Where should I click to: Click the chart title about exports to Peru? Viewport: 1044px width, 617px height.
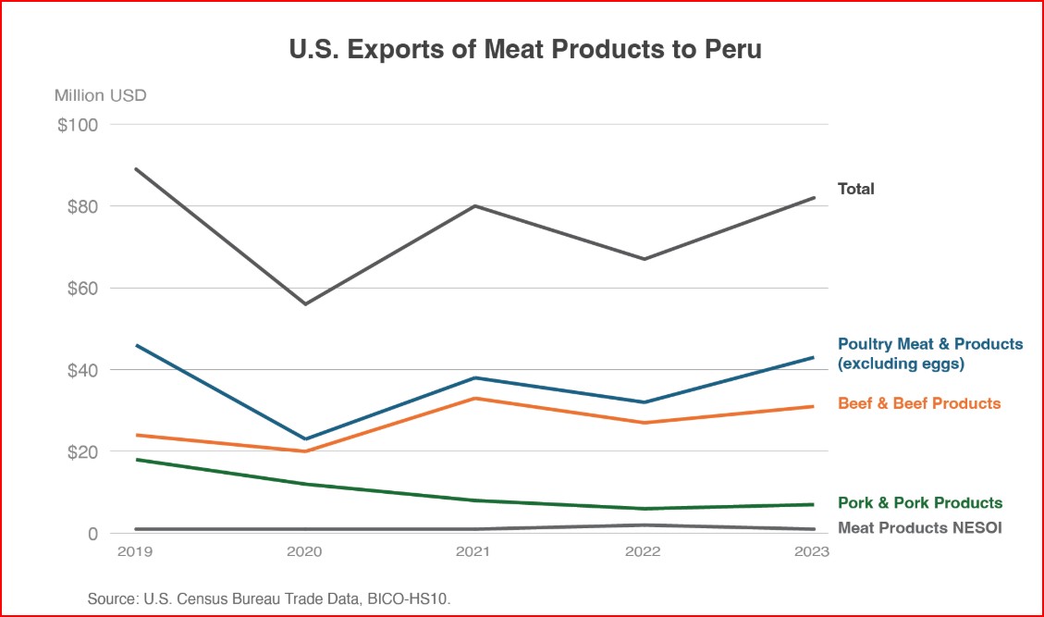tap(525, 50)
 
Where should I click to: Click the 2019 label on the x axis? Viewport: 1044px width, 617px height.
tap(136, 551)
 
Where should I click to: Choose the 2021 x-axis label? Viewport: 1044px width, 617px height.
tap(474, 551)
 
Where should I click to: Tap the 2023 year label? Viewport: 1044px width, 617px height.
tap(812, 551)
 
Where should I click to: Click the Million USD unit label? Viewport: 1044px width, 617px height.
tap(100, 95)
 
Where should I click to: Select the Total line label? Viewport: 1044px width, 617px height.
tap(855, 189)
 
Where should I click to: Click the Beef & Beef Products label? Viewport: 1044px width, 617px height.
tap(919, 403)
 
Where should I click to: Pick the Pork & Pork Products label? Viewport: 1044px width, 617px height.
tap(919, 503)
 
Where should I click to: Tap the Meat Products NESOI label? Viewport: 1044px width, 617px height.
tap(919, 528)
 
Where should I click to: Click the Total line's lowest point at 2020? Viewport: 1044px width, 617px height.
tap(305, 303)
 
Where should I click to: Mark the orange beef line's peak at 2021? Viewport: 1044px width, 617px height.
tap(474, 398)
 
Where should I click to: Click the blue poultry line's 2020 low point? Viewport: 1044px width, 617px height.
tap(305, 438)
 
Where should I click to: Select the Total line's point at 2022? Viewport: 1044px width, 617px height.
tap(645, 259)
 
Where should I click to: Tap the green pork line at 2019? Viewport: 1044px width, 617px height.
tap(136, 460)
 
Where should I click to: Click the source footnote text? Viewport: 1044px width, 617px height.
tap(269, 599)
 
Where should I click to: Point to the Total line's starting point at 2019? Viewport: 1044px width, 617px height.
tap(136, 168)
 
